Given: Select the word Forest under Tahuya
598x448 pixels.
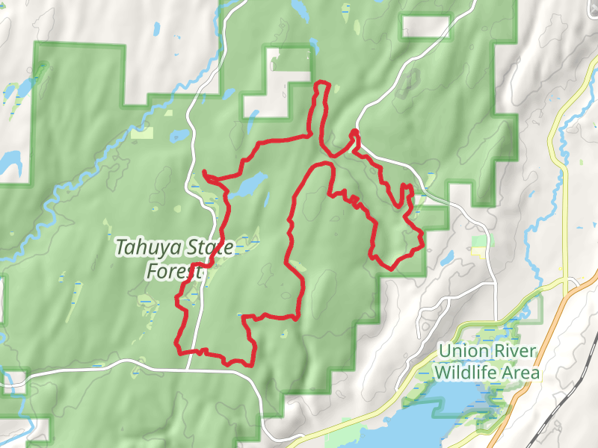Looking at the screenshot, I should (174, 272).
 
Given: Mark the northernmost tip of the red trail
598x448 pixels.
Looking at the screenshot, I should (322, 82).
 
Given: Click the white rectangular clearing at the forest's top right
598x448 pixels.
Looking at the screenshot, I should (425, 26).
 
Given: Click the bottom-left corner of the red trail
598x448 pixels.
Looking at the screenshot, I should (178, 346).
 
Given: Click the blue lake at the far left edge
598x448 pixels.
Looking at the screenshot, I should (9, 161).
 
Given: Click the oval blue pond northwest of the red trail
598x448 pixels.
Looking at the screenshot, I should (179, 137).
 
